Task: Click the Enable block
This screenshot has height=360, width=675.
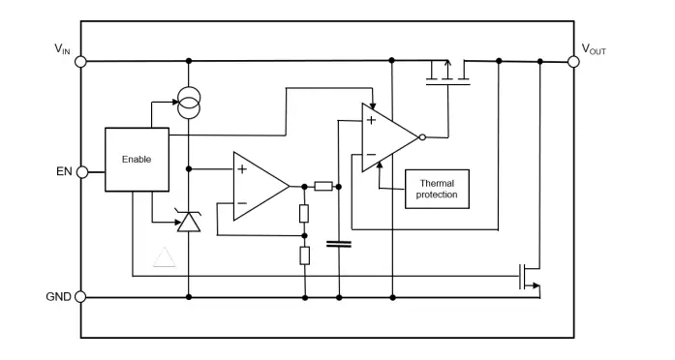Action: (x=137, y=159)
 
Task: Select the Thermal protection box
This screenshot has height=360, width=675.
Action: (x=436, y=189)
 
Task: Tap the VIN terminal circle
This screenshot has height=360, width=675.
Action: (x=80, y=61)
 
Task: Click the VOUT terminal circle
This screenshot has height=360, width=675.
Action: (x=573, y=61)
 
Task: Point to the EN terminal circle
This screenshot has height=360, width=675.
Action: (x=80, y=172)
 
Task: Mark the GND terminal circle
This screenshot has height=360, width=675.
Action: (x=80, y=297)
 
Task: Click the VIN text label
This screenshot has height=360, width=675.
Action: (x=62, y=47)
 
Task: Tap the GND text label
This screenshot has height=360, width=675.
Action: (x=57, y=297)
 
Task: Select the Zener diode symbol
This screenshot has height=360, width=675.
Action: (x=189, y=222)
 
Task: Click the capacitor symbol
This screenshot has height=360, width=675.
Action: (x=339, y=244)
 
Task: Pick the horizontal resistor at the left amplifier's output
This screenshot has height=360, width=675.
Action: (x=323, y=186)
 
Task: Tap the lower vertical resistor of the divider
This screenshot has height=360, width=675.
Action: (x=304, y=255)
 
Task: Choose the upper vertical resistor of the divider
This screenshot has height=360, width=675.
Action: (x=304, y=213)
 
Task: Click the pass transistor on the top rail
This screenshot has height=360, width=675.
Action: (x=447, y=74)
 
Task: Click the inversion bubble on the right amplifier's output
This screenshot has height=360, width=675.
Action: (x=421, y=137)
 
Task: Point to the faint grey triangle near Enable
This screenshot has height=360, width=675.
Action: (x=165, y=256)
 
